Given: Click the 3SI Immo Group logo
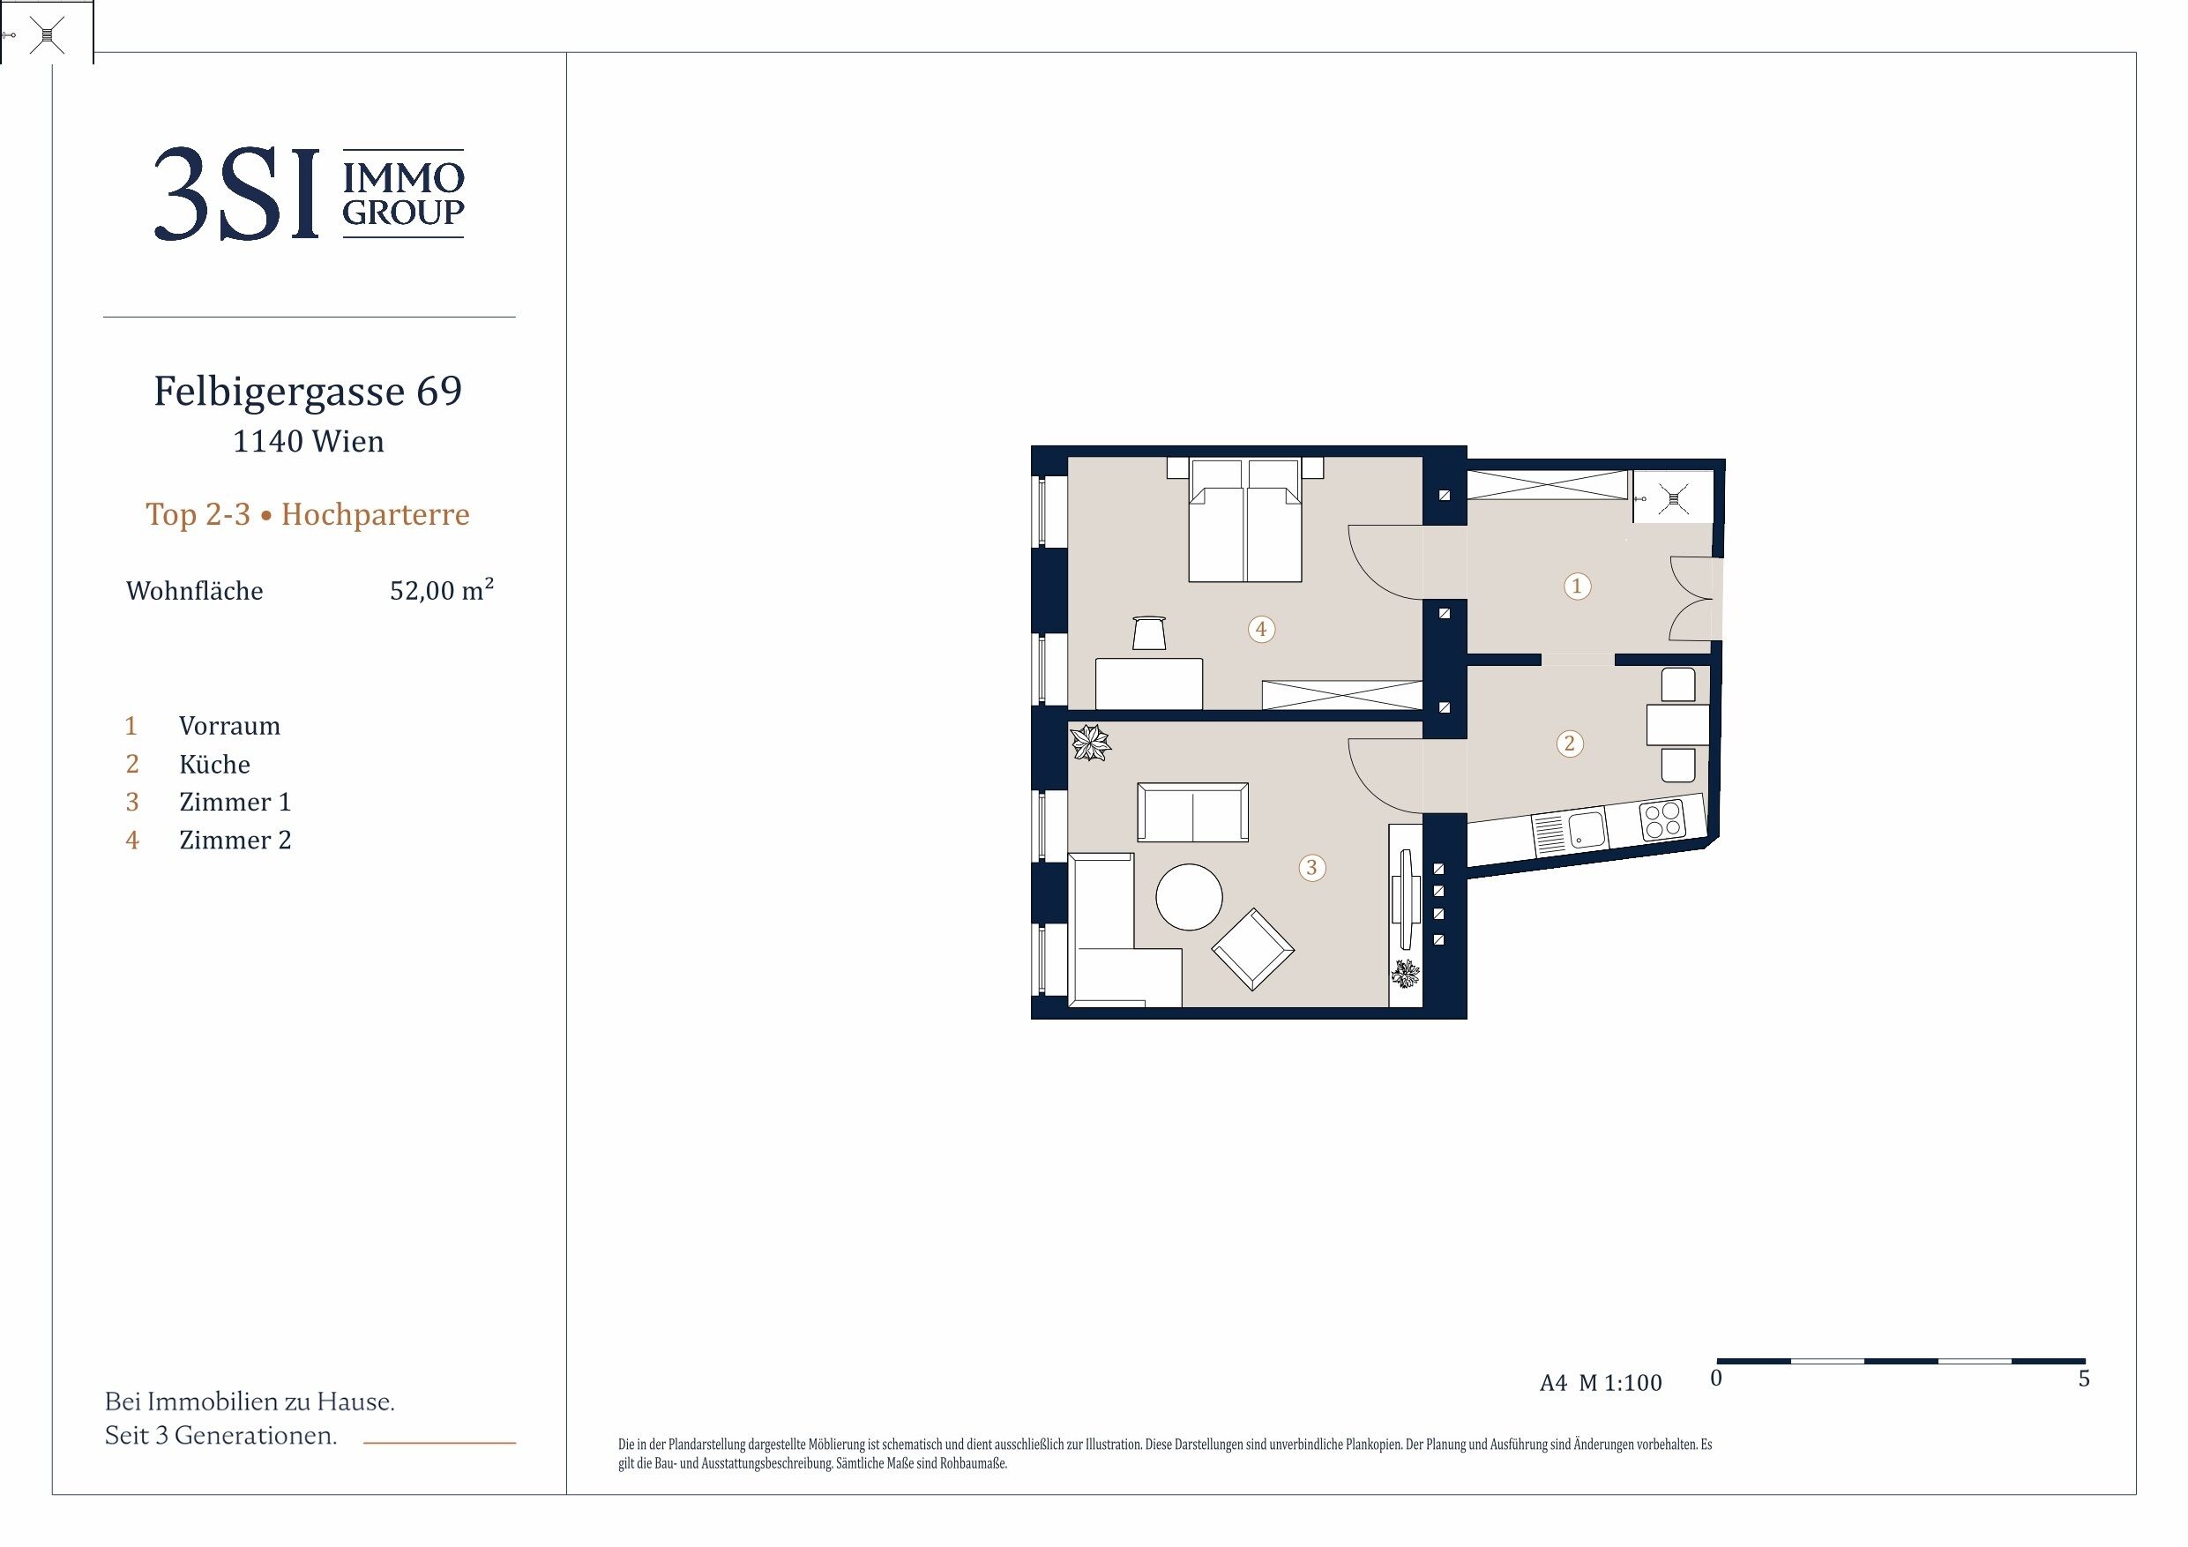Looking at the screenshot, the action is pyautogui.click(x=309, y=193).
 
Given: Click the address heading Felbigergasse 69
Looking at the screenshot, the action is pyautogui.click(x=308, y=391).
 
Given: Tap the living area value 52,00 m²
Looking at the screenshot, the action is pyautogui.click(x=441, y=590).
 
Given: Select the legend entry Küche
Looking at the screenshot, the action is pyautogui.click(x=214, y=765).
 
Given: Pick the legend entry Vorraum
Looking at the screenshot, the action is pyautogui.click(x=229, y=727).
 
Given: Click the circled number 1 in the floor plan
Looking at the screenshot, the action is pyautogui.click(x=1576, y=586).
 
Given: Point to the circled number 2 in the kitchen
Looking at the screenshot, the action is pyautogui.click(x=1570, y=744).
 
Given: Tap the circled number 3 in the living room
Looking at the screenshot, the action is pyautogui.click(x=1312, y=867).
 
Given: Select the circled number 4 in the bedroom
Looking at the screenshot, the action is pyautogui.click(x=1262, y=629).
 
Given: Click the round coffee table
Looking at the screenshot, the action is pyautogui.click(x=1190, y=897).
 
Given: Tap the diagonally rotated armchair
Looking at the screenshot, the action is pyautogui.click(x=1252, y=948).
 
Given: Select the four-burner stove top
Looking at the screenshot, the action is pyautogui.click(x=1663, y=820).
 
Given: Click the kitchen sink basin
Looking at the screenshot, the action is pyautogui.click(x=1587, y=829).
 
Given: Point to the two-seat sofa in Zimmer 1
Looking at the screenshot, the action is pyautogui.click(x=1193, y=812).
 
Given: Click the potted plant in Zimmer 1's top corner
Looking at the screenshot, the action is pyautogui.click(x=1090, y=743).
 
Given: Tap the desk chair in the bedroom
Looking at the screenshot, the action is pyautogui.click(x=1149, y=633).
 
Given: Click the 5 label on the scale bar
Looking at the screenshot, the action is pyautogui.click(x=2084, y=1379).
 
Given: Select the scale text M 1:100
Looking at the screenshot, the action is pyautogui.click(x=1620, y=1383).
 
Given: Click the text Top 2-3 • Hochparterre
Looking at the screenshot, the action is pyautogui.click(x=308, y=515).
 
